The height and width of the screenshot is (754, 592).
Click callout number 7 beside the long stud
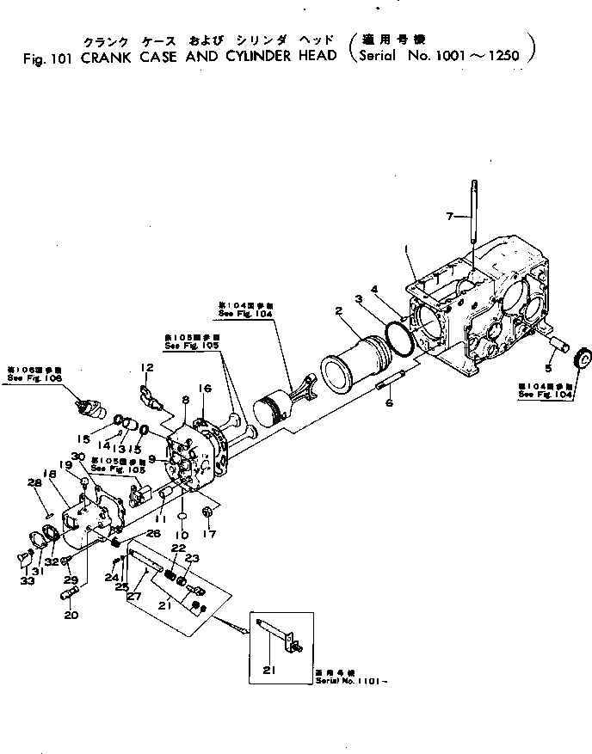[449, 216]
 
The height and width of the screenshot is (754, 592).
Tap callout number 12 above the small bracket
[147, 368]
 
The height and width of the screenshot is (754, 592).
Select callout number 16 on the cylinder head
[204, 389]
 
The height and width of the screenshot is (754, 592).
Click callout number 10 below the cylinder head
[182, 534]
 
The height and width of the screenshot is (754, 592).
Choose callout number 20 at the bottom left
[70, 615]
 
